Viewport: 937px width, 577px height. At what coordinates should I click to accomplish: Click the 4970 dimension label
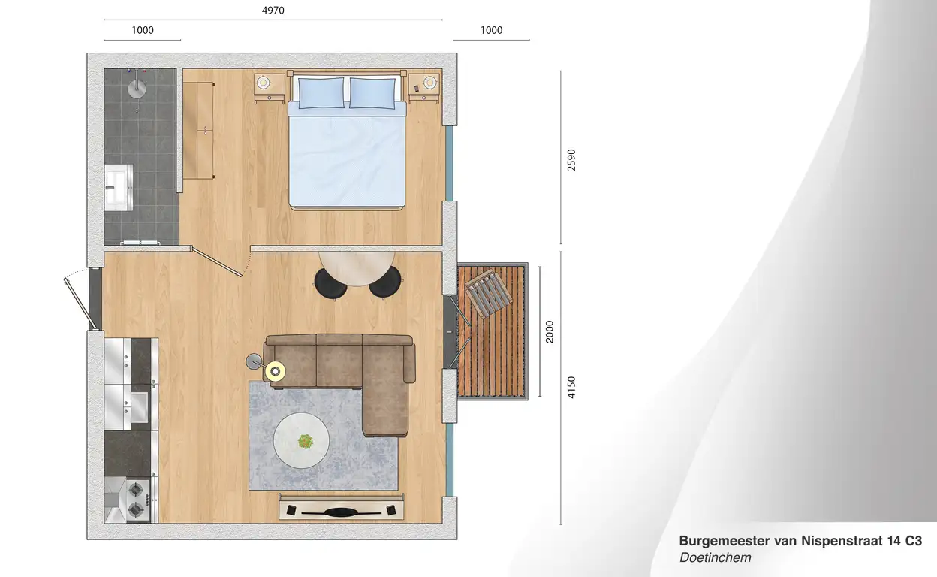point(273,10)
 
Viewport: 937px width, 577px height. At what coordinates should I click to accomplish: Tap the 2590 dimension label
point(571,160)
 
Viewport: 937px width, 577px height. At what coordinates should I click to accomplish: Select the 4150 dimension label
point(571,388)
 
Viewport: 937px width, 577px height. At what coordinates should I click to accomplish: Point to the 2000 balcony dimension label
point(550,331)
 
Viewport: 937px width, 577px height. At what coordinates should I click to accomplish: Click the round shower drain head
point(137,89)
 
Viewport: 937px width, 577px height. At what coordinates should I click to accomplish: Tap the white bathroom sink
point(119,187)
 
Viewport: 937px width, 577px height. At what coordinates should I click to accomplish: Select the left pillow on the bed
point(321,92)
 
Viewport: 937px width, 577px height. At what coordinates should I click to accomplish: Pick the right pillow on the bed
point(372,92)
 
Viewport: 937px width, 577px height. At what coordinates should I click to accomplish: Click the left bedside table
point(270,89)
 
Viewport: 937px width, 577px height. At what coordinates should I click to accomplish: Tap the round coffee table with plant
point(301,440)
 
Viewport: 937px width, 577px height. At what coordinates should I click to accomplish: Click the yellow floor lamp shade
point(276,371)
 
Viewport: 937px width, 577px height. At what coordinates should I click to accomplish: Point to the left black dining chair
point(330,284)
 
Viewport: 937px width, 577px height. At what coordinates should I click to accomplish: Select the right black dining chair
point(385,282)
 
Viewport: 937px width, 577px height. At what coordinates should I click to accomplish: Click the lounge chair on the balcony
point(489,294)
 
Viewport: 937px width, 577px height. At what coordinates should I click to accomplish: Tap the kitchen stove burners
point(137,500)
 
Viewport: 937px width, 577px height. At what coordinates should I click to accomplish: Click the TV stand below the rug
point(342,506)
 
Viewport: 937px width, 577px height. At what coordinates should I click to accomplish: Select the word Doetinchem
point(716,557)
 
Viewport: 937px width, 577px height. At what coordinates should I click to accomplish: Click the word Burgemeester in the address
point(725,541)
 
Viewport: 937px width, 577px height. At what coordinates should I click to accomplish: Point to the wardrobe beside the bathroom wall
point(199,131)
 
